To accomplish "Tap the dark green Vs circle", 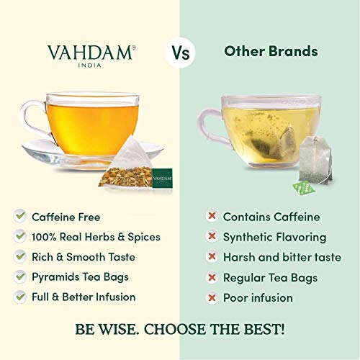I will click(179, 53).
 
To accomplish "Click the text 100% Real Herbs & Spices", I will click(96, 236).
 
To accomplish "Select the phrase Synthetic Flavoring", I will click(274, 236).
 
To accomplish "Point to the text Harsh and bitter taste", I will click(281, 257).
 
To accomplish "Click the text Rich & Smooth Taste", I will click(84, 256).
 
